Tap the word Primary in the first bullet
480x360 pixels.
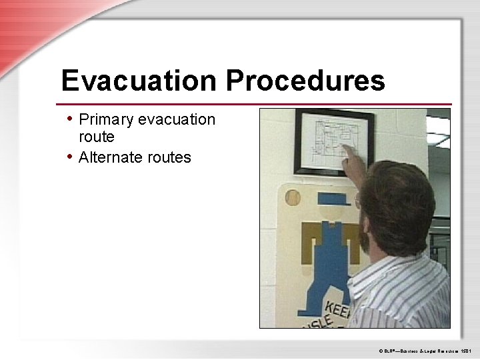click(106, 120)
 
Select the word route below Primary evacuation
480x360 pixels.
click(97, 137)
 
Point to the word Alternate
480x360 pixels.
click(111, 158)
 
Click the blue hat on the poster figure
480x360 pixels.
click(333, 198)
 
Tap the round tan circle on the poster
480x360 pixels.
click(292, 197)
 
